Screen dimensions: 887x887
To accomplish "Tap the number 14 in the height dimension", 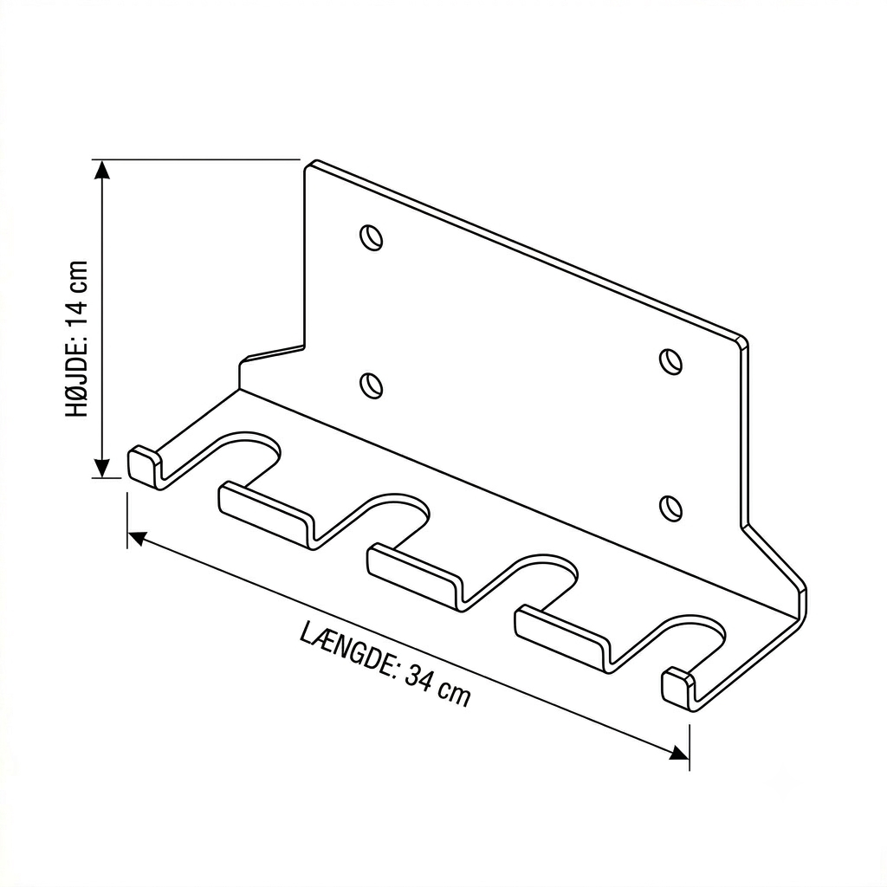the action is pyautogui.click(x=77, y=311).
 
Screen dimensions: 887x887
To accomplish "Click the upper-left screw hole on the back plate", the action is pyautogui.click(x=371, y=236).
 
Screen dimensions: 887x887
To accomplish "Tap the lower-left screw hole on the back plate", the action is pyautogui.click(x=371, y=385).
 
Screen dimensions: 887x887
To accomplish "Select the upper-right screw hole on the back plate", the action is pyautogui.click(x=670, y=362).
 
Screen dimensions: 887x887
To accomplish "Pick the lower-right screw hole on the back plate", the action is pyautogui.click(x=670, y=508).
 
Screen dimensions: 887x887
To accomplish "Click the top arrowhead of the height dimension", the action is pyautogui.click(x=101, y=170).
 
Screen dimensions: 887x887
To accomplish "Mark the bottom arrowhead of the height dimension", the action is pyautogui.click(x=101, y=468).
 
